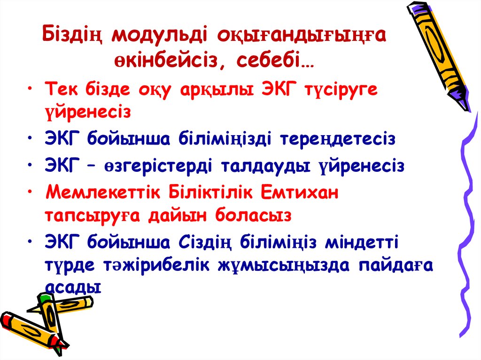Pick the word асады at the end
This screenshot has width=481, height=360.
(74, 287)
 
